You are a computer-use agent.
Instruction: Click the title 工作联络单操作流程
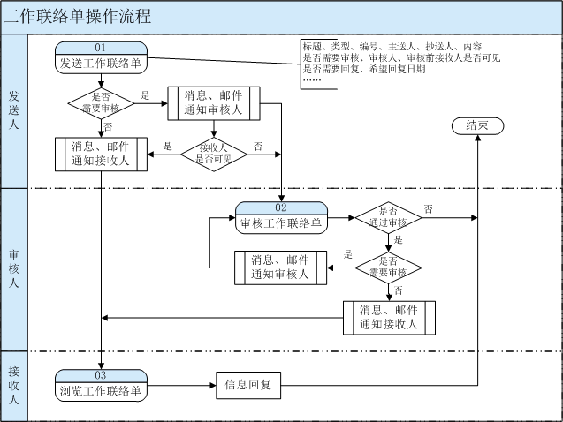tap(78, 16)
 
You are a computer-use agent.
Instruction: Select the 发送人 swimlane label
tap(14, 109)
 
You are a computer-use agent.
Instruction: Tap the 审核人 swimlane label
tap(14, 268)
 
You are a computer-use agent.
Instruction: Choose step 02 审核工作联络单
tap(281, 217)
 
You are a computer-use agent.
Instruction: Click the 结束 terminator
tap(477, 126)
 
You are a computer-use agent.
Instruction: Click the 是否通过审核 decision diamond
tap(388, 217)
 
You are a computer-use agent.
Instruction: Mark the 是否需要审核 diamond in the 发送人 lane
tap(102, 102)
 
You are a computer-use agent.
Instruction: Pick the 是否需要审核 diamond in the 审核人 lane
tap(388, 267)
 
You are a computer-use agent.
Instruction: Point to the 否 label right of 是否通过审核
tap(429, 209)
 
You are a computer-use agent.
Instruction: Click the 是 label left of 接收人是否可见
tap(167, 146)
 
